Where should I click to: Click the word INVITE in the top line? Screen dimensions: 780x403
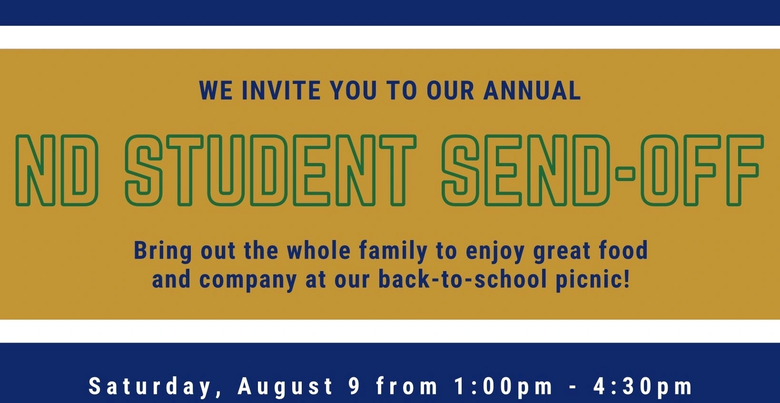tap(281, 91)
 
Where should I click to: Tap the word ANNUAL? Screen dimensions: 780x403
tap(532, 91)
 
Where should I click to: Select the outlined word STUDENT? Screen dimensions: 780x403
tap(271, 170)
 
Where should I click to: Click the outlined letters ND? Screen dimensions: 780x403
tap(57, 170)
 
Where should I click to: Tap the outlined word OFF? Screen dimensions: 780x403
tap(702, 170)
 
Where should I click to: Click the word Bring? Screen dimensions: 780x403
tap(163, 251)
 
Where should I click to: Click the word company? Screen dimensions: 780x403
tap(248, 281)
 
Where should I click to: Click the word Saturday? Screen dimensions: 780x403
tap(150, 386)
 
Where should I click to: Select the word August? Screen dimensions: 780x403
tap(285, 387)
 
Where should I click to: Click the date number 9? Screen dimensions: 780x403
tap(354, 386)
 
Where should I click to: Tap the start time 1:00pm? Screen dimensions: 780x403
tap(503, 387)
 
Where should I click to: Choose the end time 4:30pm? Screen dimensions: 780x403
tap(643, 387)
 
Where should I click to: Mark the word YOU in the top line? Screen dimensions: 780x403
tap(354, 91)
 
